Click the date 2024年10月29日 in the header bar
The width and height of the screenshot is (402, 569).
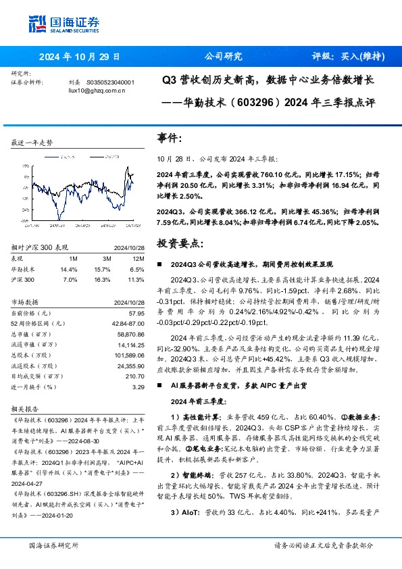(x=79, y=57)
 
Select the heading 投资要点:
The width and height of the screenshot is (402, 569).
(x=178, y=241)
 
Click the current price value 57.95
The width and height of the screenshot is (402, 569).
(x=136, y=313)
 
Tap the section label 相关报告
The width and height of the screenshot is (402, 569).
(x=25, y=409)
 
